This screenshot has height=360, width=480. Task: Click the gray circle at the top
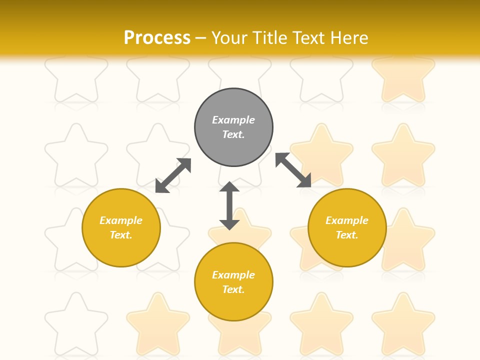tap(233, 127)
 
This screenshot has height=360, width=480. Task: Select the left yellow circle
tap(121, 227)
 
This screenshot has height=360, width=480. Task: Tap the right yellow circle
tap(347, 227)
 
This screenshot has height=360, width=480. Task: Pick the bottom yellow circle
tap(233, 282)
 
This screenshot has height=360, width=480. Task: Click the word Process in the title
tap(157, 38)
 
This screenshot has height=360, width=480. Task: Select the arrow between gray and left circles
tap(173, 175)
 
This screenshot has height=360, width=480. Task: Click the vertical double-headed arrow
tap(229, 205)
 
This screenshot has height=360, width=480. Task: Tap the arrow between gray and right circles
tap(293, 170)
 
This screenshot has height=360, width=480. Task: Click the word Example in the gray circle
tap(233, 120)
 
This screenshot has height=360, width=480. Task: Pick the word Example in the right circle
tap(347, 220)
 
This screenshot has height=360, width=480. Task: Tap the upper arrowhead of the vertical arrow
tap(229, 187)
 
